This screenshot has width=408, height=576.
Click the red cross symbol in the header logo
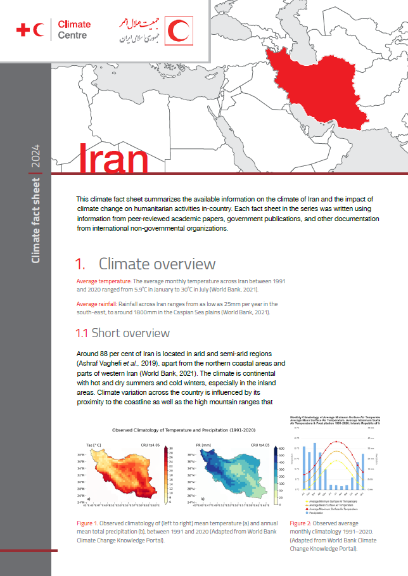coord(22,29)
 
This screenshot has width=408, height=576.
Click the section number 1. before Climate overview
coord(80,264)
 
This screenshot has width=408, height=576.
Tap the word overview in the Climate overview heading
coord(184,264)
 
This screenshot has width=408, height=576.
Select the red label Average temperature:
coord(104,281)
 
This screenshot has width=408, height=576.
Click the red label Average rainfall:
coord(99,305)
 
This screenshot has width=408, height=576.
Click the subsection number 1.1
coord(82,333)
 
